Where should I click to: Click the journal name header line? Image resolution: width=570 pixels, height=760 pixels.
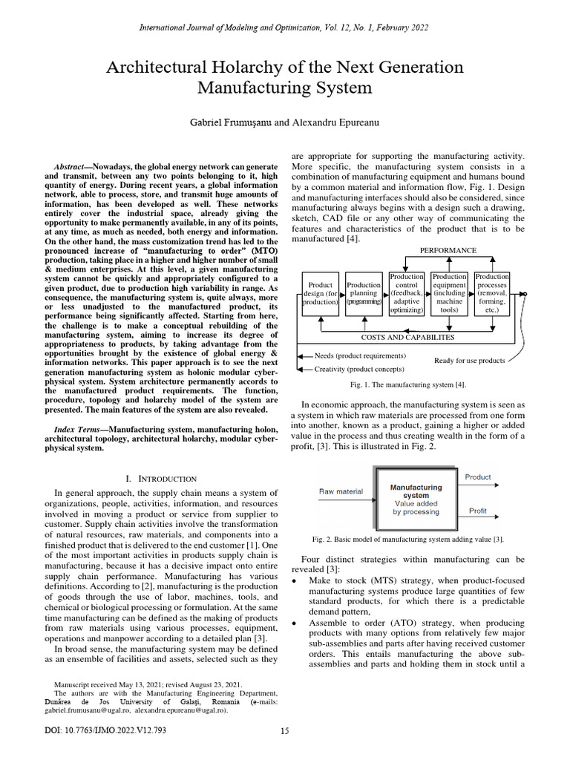click(x=285, y=27)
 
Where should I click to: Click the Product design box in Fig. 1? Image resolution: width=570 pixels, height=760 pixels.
click(x=321, y=294)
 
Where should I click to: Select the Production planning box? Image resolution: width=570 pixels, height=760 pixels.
click(x=364, y=294)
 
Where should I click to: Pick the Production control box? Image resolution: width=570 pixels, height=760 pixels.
click(x=407, y=294)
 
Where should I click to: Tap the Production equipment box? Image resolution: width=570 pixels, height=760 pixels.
click(x=450, y=294)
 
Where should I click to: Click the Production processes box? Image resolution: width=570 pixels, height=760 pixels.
click(x=493, y=294)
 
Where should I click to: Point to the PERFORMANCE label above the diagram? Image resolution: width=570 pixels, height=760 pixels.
click(x=448, y=251)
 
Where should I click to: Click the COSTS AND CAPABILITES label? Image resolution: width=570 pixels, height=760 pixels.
click(x=407, y=337)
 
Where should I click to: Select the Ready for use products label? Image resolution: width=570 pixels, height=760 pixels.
click(x=469, y=361)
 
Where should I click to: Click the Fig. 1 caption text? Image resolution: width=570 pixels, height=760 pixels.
click(x=408, y=384)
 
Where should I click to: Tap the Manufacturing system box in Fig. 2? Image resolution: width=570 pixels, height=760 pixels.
click(x=416, y=499)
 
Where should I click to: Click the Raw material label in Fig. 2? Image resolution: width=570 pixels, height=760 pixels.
click(x=341, y=491)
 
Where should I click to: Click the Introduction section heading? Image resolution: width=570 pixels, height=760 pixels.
click(x=161, y=479)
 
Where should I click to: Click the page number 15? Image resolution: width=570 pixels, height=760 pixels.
click(x=284, y=732)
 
